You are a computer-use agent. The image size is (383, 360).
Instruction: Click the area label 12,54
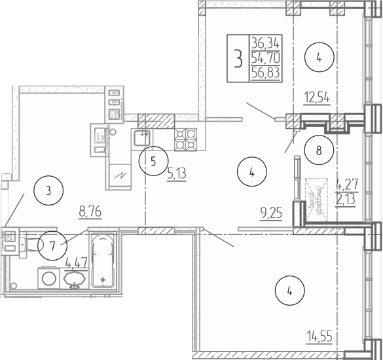(x=317, y=99)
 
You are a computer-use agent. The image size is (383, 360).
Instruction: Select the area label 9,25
(x=270, y=213)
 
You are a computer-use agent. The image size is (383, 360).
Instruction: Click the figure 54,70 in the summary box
(x=264, y=58)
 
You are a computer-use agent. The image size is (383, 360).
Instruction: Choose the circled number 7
(x=52, y=246)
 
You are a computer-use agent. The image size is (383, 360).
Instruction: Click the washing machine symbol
(x=48, y=278)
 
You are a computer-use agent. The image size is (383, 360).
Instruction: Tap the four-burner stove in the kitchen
(x=186, y=136)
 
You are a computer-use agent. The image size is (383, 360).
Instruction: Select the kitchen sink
(x=142, y=137)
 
